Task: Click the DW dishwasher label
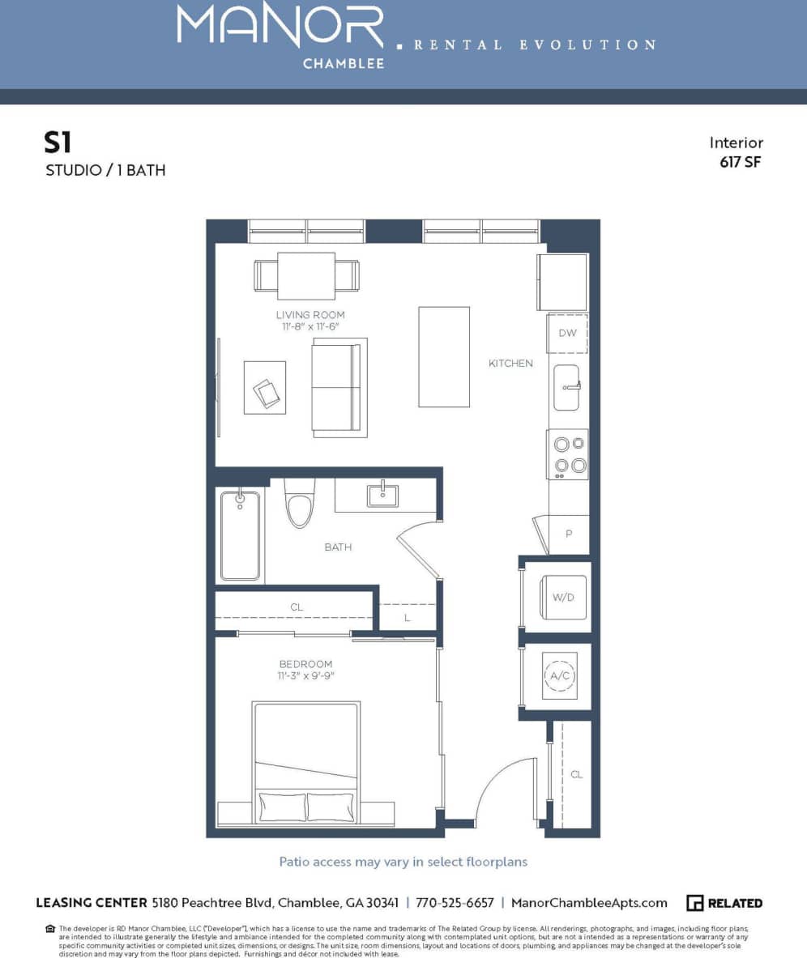point(566,333)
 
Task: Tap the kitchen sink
point(566,387)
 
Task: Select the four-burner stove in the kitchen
point(567,454)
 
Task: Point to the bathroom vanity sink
point(382,495)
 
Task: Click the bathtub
point(240,535)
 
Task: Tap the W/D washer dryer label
point(563,598)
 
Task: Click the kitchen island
point(443,356)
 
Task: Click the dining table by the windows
point(306,275)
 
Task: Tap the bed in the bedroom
point(306,761)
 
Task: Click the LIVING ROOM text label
point(310,315)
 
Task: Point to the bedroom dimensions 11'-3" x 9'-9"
point(306,675)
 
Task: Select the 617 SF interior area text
point(741,161)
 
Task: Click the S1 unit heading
point(58,143)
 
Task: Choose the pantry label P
point(569,534)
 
